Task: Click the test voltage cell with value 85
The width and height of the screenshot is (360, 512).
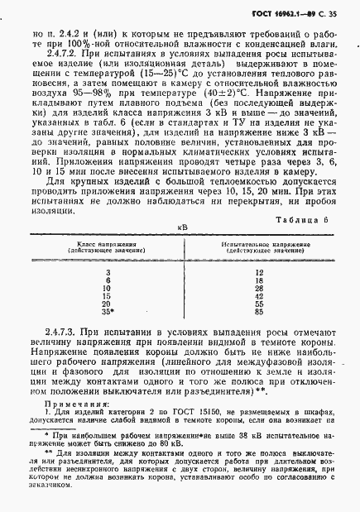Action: [x=260, y=313]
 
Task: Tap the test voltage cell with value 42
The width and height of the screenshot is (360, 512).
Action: [x=260, y=296]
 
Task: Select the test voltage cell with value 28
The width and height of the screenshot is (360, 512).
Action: [x=260, y=288]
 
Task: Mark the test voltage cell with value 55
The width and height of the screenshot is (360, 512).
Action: [x=260, y=304]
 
